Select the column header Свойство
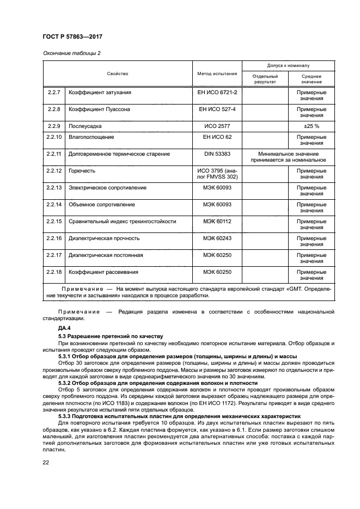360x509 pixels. [117, 73]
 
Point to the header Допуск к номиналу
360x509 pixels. [288, 65]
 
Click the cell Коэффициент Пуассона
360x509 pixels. [99, 109]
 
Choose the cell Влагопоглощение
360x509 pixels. [91, 137]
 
